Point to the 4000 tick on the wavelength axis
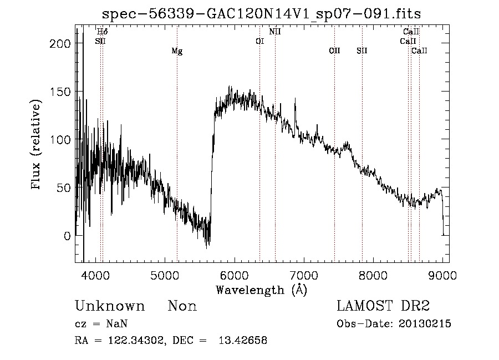coord(95,276)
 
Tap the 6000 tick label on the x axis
coord(234,276)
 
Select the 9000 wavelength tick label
coord(442,276)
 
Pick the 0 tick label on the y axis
coord(67,236)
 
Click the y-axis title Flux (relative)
coord(37,145)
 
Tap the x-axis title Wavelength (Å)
coord(261,290)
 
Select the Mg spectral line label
coord(177,52)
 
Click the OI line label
coord(259,41)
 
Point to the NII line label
coord(275,32)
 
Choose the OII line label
coord(334,51)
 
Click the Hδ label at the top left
coord(102,32)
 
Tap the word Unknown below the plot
coord(110,306)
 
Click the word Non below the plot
coord(182,306)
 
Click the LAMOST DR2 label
coord(383,306)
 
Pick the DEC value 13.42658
coord(246,341)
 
